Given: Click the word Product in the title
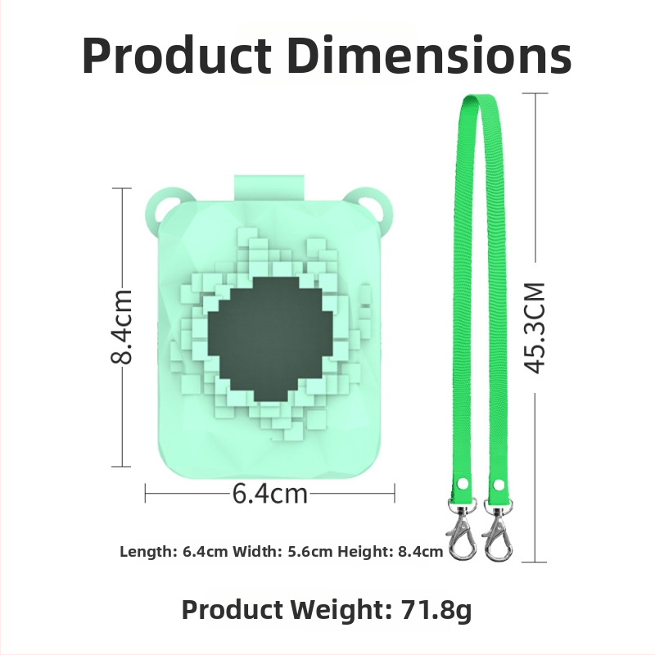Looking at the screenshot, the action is click(177, 56).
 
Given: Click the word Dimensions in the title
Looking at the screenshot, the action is click(429, 56).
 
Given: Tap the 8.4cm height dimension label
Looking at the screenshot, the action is click(121, 326).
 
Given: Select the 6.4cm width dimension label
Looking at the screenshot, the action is click(270, 494).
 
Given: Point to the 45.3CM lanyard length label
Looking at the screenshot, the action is click(535, 328).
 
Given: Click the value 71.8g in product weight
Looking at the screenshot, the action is click(436, 609).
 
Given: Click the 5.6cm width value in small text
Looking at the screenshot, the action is click(310, 552).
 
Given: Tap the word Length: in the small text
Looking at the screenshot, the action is click(149, 552).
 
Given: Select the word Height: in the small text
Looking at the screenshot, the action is click(365, 552).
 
